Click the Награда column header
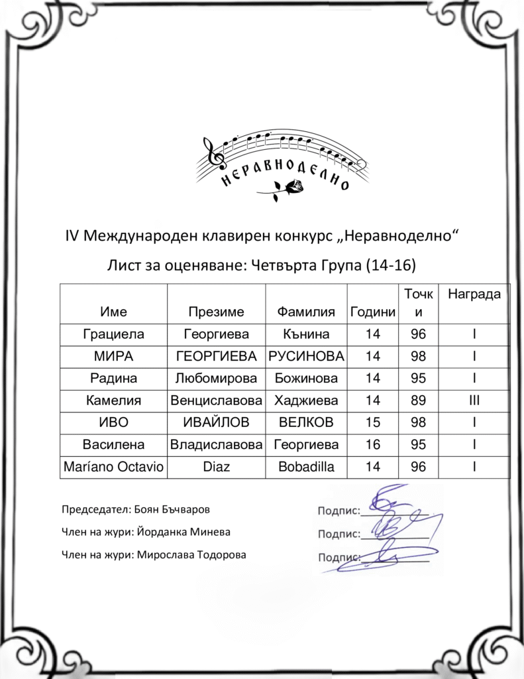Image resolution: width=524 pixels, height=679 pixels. (x=474, y=293)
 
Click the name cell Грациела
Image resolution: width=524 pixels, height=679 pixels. (x=113, y=334)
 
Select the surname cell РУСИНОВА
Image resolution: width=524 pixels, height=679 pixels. (x=306, y=357)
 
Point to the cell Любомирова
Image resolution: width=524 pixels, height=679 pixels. (x=216, y=379)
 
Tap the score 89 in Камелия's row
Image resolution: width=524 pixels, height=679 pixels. (x=419, y=401)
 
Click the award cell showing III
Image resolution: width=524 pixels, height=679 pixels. (x=474, y=401)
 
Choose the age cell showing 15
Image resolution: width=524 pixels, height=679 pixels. (x=373, y=422)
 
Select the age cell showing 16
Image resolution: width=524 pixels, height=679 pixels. (x=373, y=444)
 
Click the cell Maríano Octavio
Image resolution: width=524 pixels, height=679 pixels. (x=113, y=467)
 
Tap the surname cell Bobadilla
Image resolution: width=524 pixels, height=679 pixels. (x=306, y=467)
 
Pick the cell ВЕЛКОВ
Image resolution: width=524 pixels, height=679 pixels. (x=306, y=422)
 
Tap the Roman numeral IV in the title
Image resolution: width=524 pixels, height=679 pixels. (x=72, y=237)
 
